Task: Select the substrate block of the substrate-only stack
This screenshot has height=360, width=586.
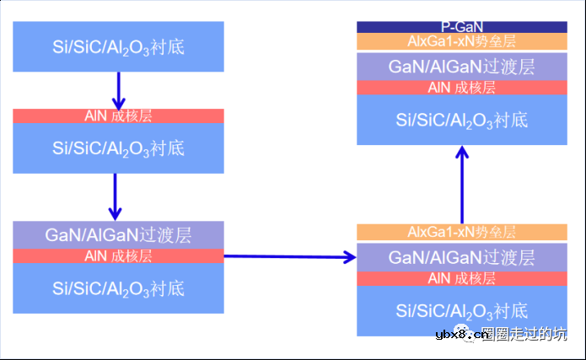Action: (118, 46)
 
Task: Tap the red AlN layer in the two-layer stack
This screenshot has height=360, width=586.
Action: (118, 116)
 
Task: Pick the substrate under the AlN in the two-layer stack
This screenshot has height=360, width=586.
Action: (118, 148)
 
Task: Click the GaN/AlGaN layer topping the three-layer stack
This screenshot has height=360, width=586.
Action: (118, 235)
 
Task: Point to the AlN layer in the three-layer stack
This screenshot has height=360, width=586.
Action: (118, 255)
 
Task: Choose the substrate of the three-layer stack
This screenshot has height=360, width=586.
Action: (118, 288)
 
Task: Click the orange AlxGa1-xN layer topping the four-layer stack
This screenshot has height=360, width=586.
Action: (461, 232)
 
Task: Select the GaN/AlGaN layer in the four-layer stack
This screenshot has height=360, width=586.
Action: (461, 256)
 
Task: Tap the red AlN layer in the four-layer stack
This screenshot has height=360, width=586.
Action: (461, 278)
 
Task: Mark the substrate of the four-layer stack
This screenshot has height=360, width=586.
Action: (461, 310)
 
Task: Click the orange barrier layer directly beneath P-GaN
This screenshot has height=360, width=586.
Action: (461, 41)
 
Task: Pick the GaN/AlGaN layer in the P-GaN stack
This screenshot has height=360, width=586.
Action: (461, 66)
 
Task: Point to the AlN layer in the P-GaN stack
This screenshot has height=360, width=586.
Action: (461, 88)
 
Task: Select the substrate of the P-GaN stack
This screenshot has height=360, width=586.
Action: (461, 120)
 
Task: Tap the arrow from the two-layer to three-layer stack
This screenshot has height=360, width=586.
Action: (117, 196)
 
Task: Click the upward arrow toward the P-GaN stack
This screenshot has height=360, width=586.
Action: (462, 185)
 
